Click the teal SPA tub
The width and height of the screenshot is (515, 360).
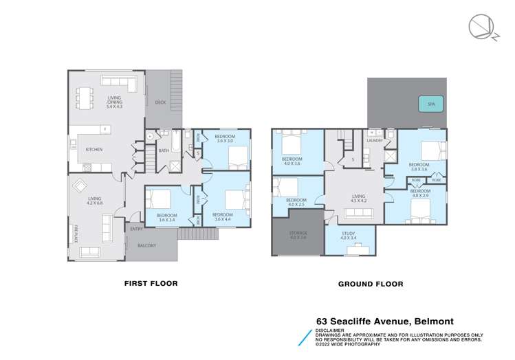point(431,105)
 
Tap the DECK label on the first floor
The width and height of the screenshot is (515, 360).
point(160,102)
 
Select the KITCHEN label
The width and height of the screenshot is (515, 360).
point(94,148)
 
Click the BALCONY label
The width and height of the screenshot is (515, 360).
point(146,245)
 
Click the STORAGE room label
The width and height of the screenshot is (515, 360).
point(298,235)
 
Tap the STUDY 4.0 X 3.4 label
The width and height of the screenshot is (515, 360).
point(349,236)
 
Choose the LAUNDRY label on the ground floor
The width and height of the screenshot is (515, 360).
point(374,140)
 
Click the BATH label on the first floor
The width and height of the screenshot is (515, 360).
point(164,150)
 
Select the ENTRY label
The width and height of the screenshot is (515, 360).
point(135,229)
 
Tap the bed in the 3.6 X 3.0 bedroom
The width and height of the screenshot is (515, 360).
point(237,159)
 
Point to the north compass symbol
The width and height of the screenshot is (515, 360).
point(479,27)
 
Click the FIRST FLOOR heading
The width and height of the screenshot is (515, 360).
point(150,282)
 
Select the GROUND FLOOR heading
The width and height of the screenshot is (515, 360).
point(365,282)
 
